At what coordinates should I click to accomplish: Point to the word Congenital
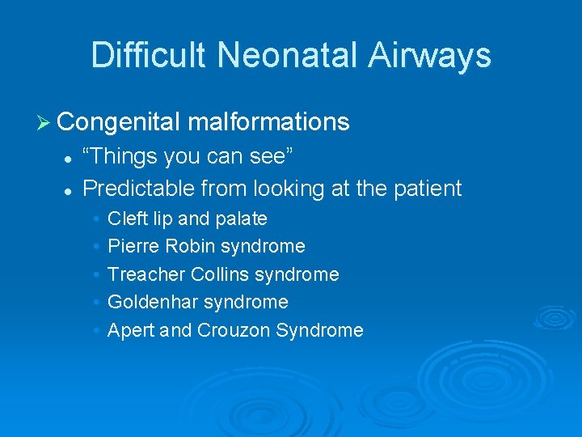118,122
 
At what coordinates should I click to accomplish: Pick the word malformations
268,122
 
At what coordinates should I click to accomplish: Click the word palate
240,218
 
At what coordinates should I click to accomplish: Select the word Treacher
146,274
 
